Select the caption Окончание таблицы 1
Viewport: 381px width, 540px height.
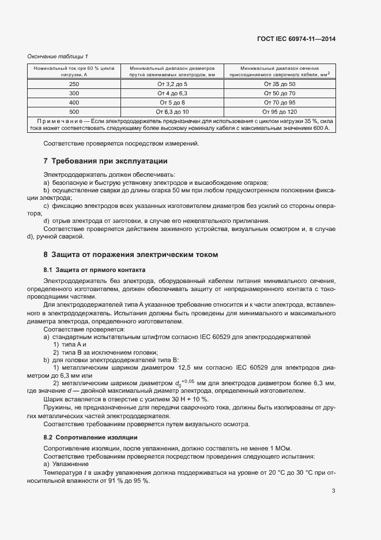tap(58, 56)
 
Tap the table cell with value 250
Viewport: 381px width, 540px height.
tap(74, 84)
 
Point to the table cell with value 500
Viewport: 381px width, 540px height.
tap(74, 111)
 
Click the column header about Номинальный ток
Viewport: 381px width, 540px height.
tap(74, 71)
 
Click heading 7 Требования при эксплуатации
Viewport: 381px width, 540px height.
tap(105, 161)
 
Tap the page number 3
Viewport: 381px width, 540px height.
tap(334, 491)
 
